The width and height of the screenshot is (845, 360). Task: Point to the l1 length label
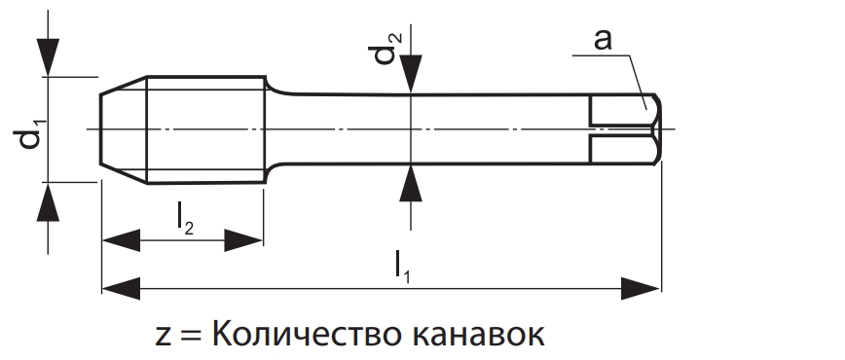click(x=401, y=267)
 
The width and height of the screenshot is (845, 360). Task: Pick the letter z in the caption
click(x=164, y=336)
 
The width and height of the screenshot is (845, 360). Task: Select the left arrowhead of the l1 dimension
click(x=121, y=288)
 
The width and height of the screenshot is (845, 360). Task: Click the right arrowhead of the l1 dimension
click(x=641, y=288)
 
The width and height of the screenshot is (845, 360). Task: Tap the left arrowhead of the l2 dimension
click(x=121, y=240)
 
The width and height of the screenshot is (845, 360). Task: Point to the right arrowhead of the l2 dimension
click(x=243, y=240)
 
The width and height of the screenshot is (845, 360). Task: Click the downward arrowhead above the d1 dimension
click(x=48, y=57)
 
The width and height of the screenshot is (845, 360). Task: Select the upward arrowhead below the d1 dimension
click(x=48, y=202)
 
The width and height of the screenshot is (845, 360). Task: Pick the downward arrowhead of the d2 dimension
click(x=411, y=74)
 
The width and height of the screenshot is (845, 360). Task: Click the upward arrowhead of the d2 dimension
click(x=411, y=183)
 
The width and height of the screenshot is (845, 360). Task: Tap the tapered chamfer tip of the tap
click(x=124, y=129)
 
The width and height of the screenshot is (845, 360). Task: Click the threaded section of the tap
click(x=205, y=129)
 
